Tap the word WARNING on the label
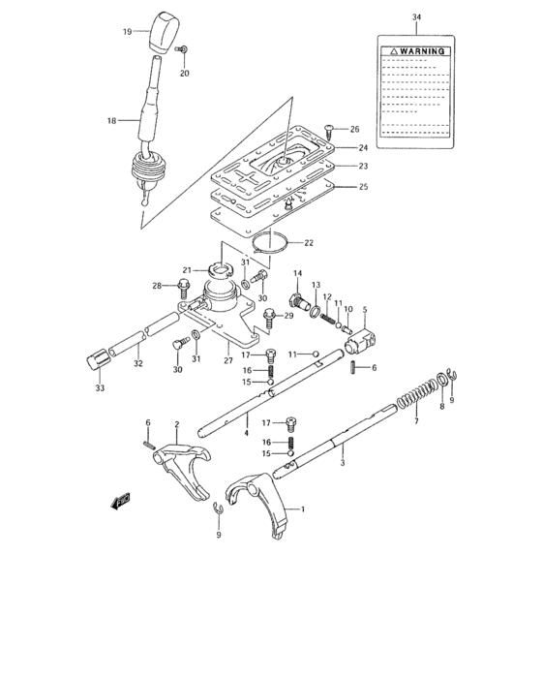[420, 50]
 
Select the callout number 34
[416, 17]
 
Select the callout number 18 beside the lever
[110, 121]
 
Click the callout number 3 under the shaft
[342, 464]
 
